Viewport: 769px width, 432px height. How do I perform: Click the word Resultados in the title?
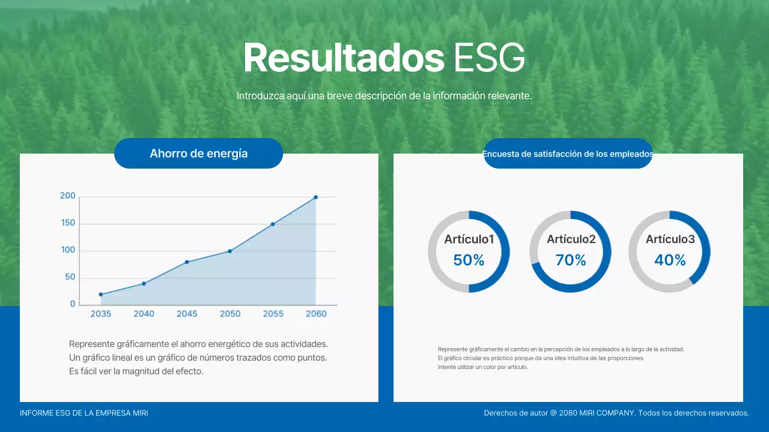click(344, 58)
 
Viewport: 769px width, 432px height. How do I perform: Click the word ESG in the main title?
click(489, 58)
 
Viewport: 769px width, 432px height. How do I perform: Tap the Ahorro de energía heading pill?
click(198, 154)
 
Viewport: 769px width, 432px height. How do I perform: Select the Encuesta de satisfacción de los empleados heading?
click(568, 154)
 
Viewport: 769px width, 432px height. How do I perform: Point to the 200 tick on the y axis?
click(68, 196)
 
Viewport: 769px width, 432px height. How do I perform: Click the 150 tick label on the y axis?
click(68, 223)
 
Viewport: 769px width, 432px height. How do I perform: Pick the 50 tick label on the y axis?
click(70, 277)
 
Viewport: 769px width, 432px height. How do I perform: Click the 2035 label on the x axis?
click(101, 314)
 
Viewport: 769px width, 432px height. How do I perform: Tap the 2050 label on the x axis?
click(230, 314)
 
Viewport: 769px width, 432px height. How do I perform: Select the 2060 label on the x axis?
click(316, 314)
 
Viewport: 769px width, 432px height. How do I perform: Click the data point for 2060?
click(315, 197)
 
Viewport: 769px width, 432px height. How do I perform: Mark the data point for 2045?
click(187, 262)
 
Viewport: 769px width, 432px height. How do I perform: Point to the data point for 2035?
click(101, 294)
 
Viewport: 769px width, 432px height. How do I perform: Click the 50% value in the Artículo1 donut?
click(469, 260)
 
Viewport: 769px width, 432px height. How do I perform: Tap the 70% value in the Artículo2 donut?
click(571, 260)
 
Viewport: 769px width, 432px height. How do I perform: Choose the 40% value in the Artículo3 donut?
click(670, 260)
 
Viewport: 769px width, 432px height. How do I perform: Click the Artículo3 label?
click(670, 239)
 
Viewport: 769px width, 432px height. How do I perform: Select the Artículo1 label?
click(469, 239)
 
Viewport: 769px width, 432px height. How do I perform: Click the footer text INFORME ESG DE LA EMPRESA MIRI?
click(84, 413)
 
